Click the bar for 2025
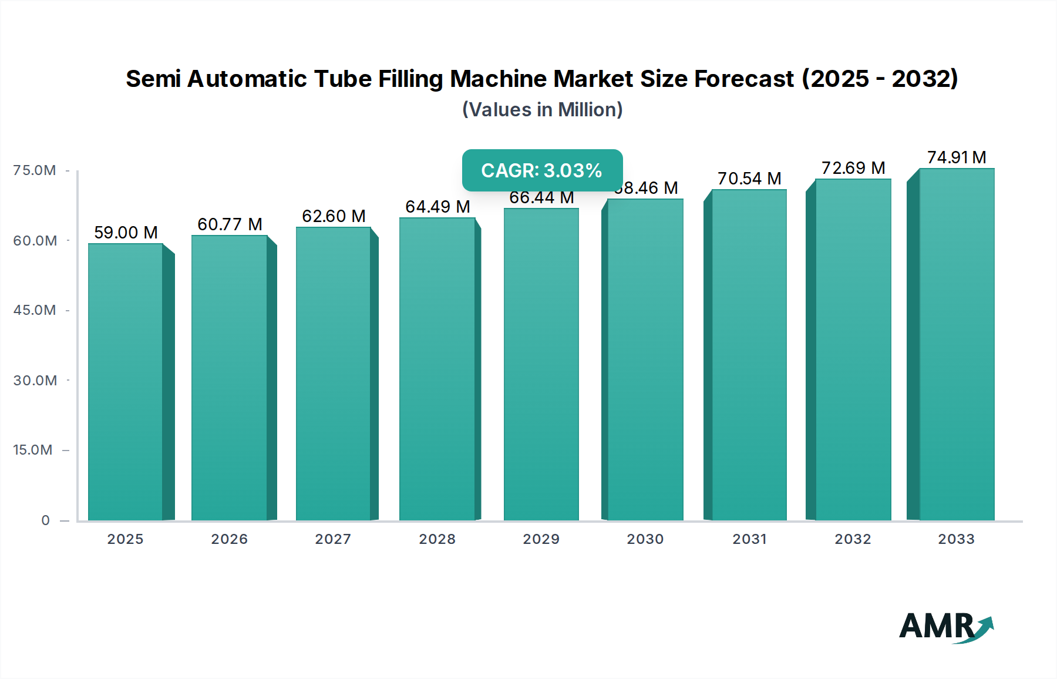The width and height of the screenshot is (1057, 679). point(126,382)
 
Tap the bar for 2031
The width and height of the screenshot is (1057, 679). point(749,355)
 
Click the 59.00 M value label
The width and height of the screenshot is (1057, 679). point(126,233)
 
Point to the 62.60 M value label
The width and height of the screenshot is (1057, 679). point(334,216)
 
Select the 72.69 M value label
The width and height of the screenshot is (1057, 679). point(853,168)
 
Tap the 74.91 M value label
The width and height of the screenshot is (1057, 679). point(957,157)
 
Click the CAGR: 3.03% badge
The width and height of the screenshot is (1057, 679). point(542,170)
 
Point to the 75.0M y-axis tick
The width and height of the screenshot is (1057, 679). point(35,170)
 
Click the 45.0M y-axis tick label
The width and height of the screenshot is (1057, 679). point(35,310)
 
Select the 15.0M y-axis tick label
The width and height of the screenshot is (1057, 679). point(33,450)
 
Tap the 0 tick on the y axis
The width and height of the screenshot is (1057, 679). point(45,520)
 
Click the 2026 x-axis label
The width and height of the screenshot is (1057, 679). point(230,539)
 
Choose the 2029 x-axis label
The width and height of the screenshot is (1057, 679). point(541,539)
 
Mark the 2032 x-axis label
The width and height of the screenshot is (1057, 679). point(853,539)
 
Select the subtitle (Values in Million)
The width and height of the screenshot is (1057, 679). point(542,110)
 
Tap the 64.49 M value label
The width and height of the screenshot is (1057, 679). point(437,207)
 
